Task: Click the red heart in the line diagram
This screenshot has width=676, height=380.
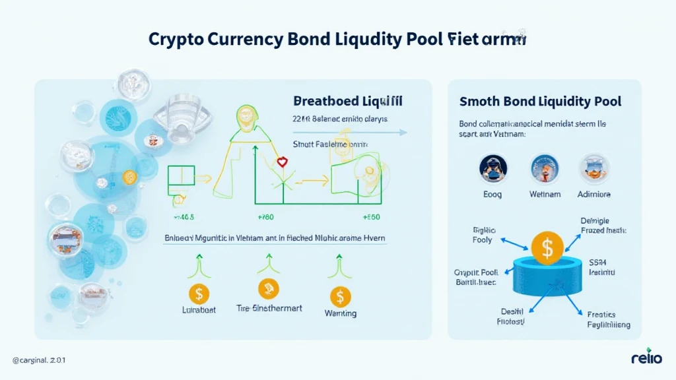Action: point(282,162)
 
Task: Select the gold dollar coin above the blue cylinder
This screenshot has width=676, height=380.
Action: point(547,248)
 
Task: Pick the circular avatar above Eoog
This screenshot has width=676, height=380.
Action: point(494,168)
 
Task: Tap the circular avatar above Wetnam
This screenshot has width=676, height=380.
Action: point(545,168)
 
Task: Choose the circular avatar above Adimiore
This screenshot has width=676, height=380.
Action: point(595,168)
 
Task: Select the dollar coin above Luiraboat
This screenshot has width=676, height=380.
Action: point(199,292)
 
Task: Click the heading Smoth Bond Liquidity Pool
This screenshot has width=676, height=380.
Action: point(539,102)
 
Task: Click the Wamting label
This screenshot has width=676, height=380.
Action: point(340,313)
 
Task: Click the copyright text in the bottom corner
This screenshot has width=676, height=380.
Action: point(39,360)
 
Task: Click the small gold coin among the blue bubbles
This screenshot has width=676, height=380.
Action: point(129,177)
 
